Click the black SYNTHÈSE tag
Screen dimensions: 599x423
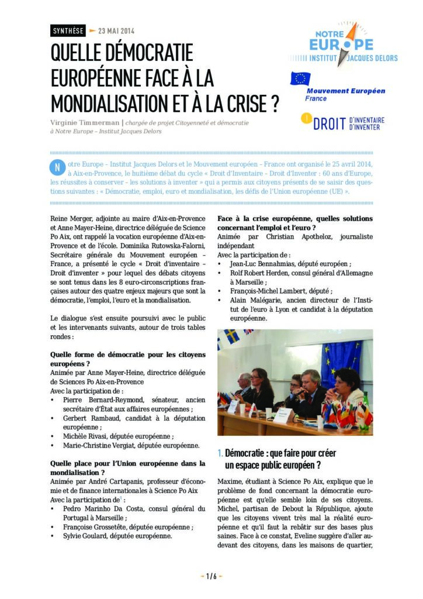pos(68,30)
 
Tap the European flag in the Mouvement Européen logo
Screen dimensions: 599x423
pos(301,79)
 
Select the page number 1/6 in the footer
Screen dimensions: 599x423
pos(211,576)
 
